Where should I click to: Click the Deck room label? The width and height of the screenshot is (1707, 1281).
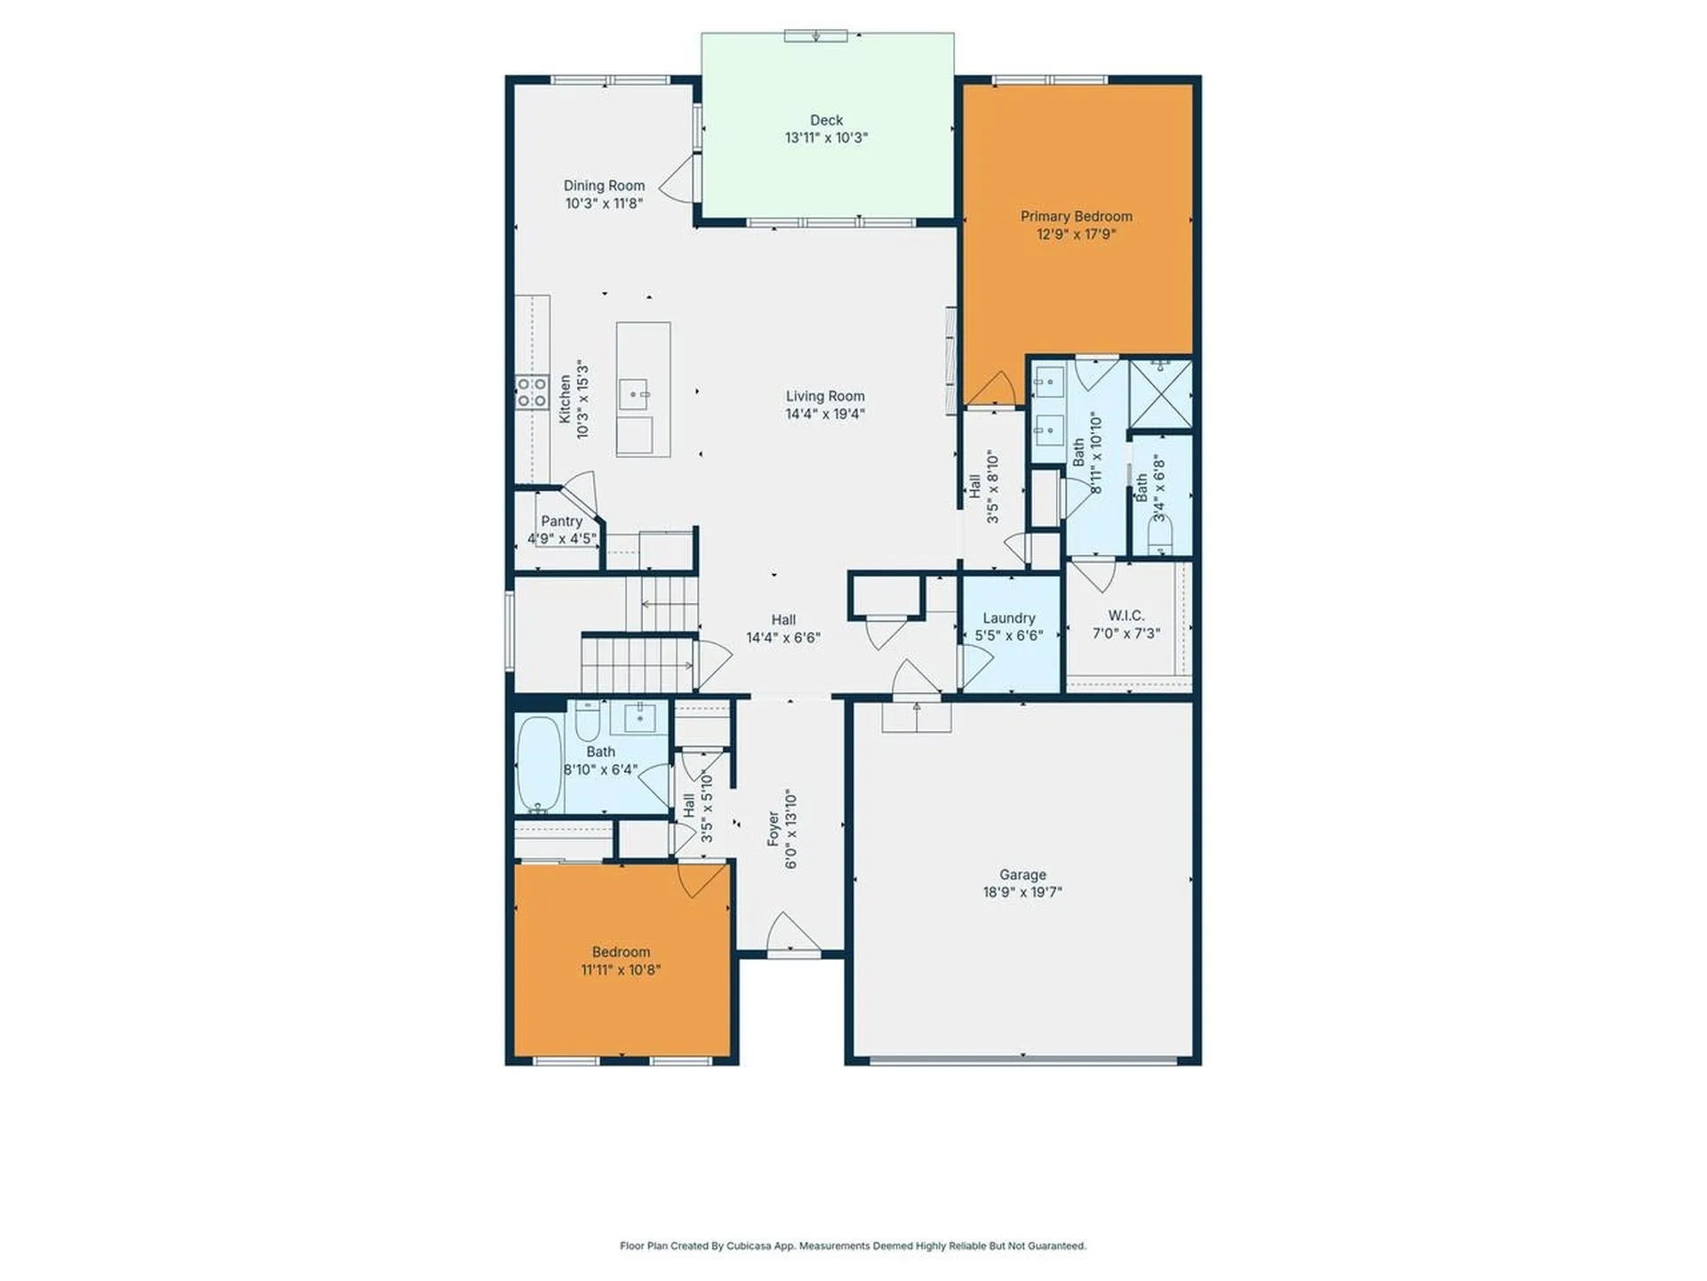click(x=826, y=120)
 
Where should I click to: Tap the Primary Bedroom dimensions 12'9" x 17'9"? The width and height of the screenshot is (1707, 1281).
click(x=1076, y=235)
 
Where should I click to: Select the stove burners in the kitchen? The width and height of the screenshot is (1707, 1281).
click(x=532, y=392)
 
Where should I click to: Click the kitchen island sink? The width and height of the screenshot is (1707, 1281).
click(x=633, y=393)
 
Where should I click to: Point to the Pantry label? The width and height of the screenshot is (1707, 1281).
click(x=561, y=521)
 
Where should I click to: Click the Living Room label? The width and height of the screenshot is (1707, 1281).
click(x=824, y=396)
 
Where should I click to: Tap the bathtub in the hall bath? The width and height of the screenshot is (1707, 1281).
click(x=539, y=764)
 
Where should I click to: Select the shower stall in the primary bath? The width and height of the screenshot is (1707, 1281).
click(x=1159, y=393)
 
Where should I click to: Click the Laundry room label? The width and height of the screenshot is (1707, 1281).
click(x=1008, y=618)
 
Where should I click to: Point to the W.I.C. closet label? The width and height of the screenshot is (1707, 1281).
click(x=1126, y=616)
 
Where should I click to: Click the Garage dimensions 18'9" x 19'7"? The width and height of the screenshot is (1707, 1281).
click(x=1022, y=892)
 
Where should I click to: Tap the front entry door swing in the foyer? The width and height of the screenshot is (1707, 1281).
click(x=791, y=934)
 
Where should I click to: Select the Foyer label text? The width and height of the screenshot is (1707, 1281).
click(x=773, y=828)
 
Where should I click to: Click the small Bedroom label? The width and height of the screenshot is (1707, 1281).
click(x=621, y=952)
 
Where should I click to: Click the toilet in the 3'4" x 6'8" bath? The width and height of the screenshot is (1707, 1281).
click(x=1160, y=536)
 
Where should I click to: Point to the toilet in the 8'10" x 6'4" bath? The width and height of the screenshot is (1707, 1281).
click(x=587, y=722)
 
